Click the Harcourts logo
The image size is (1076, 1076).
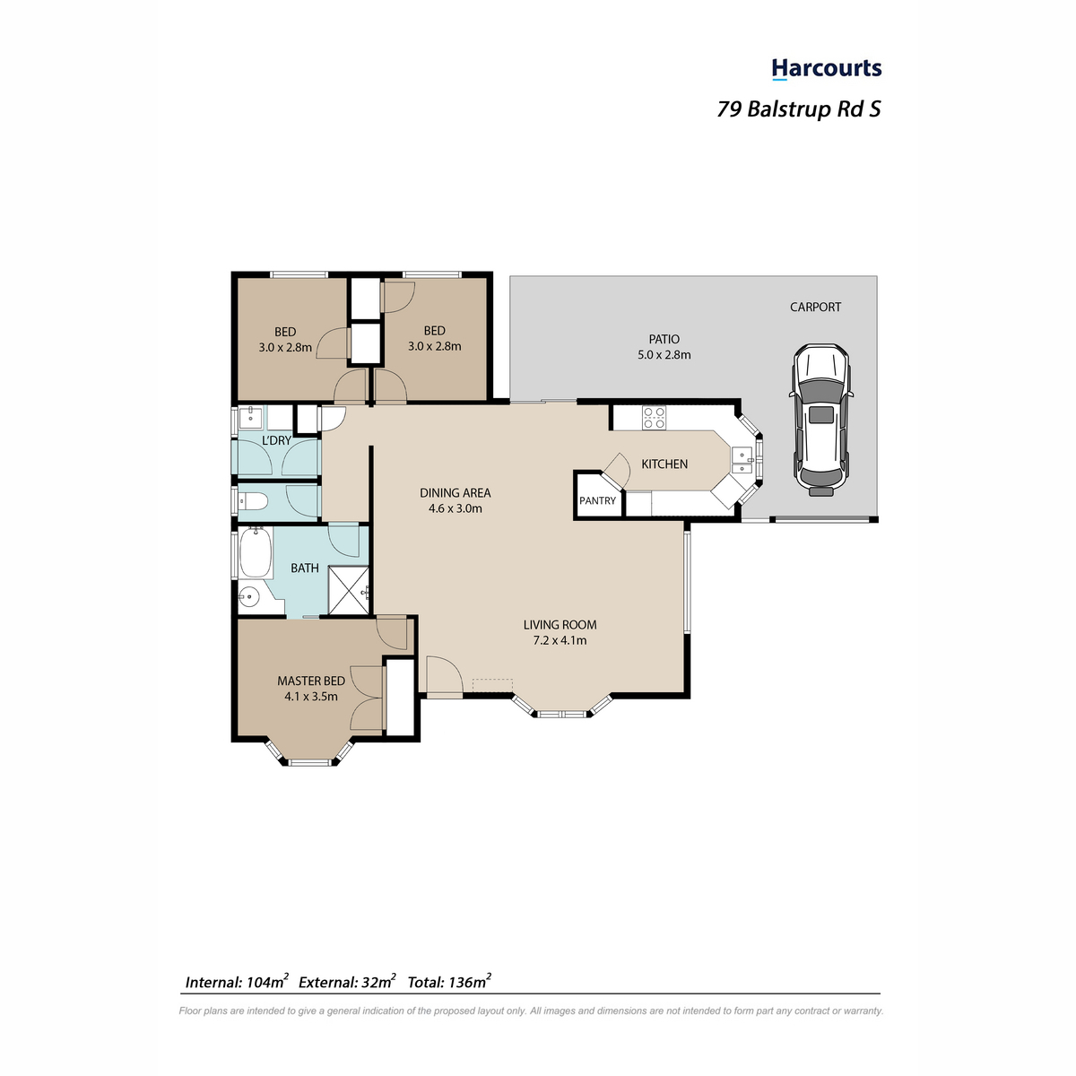pos(826,69)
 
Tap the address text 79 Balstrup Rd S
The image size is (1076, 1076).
pos(799,108)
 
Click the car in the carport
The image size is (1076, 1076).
pos(820,420)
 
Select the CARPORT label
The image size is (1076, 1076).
pos(815,307)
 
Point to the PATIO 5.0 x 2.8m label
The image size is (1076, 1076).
pos(664,347)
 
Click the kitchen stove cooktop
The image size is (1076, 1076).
pos(654,418)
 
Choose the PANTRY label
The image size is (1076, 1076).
pos(597,500)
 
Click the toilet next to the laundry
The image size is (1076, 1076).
pos(253,501)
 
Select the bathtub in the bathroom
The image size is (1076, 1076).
pos(256,553)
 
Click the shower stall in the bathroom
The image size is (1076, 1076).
pos(349,591)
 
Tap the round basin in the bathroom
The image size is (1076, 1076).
pos(249,598)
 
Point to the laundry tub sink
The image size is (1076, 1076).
pos(250,417)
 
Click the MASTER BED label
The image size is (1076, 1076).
pos(311,681)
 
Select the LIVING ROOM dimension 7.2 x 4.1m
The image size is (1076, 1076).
pos(560,640)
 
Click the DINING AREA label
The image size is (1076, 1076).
pos(456,492)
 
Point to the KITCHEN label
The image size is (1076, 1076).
pos(664,464)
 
